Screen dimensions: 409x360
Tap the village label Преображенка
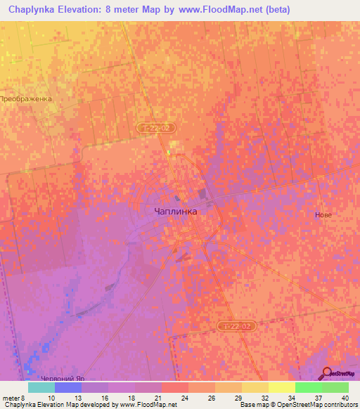click(27, 99)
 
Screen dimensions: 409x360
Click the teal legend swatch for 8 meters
click(41, 387)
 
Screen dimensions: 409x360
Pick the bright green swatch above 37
click(309, 387)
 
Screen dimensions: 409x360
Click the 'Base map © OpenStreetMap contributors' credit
click(298, 404)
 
